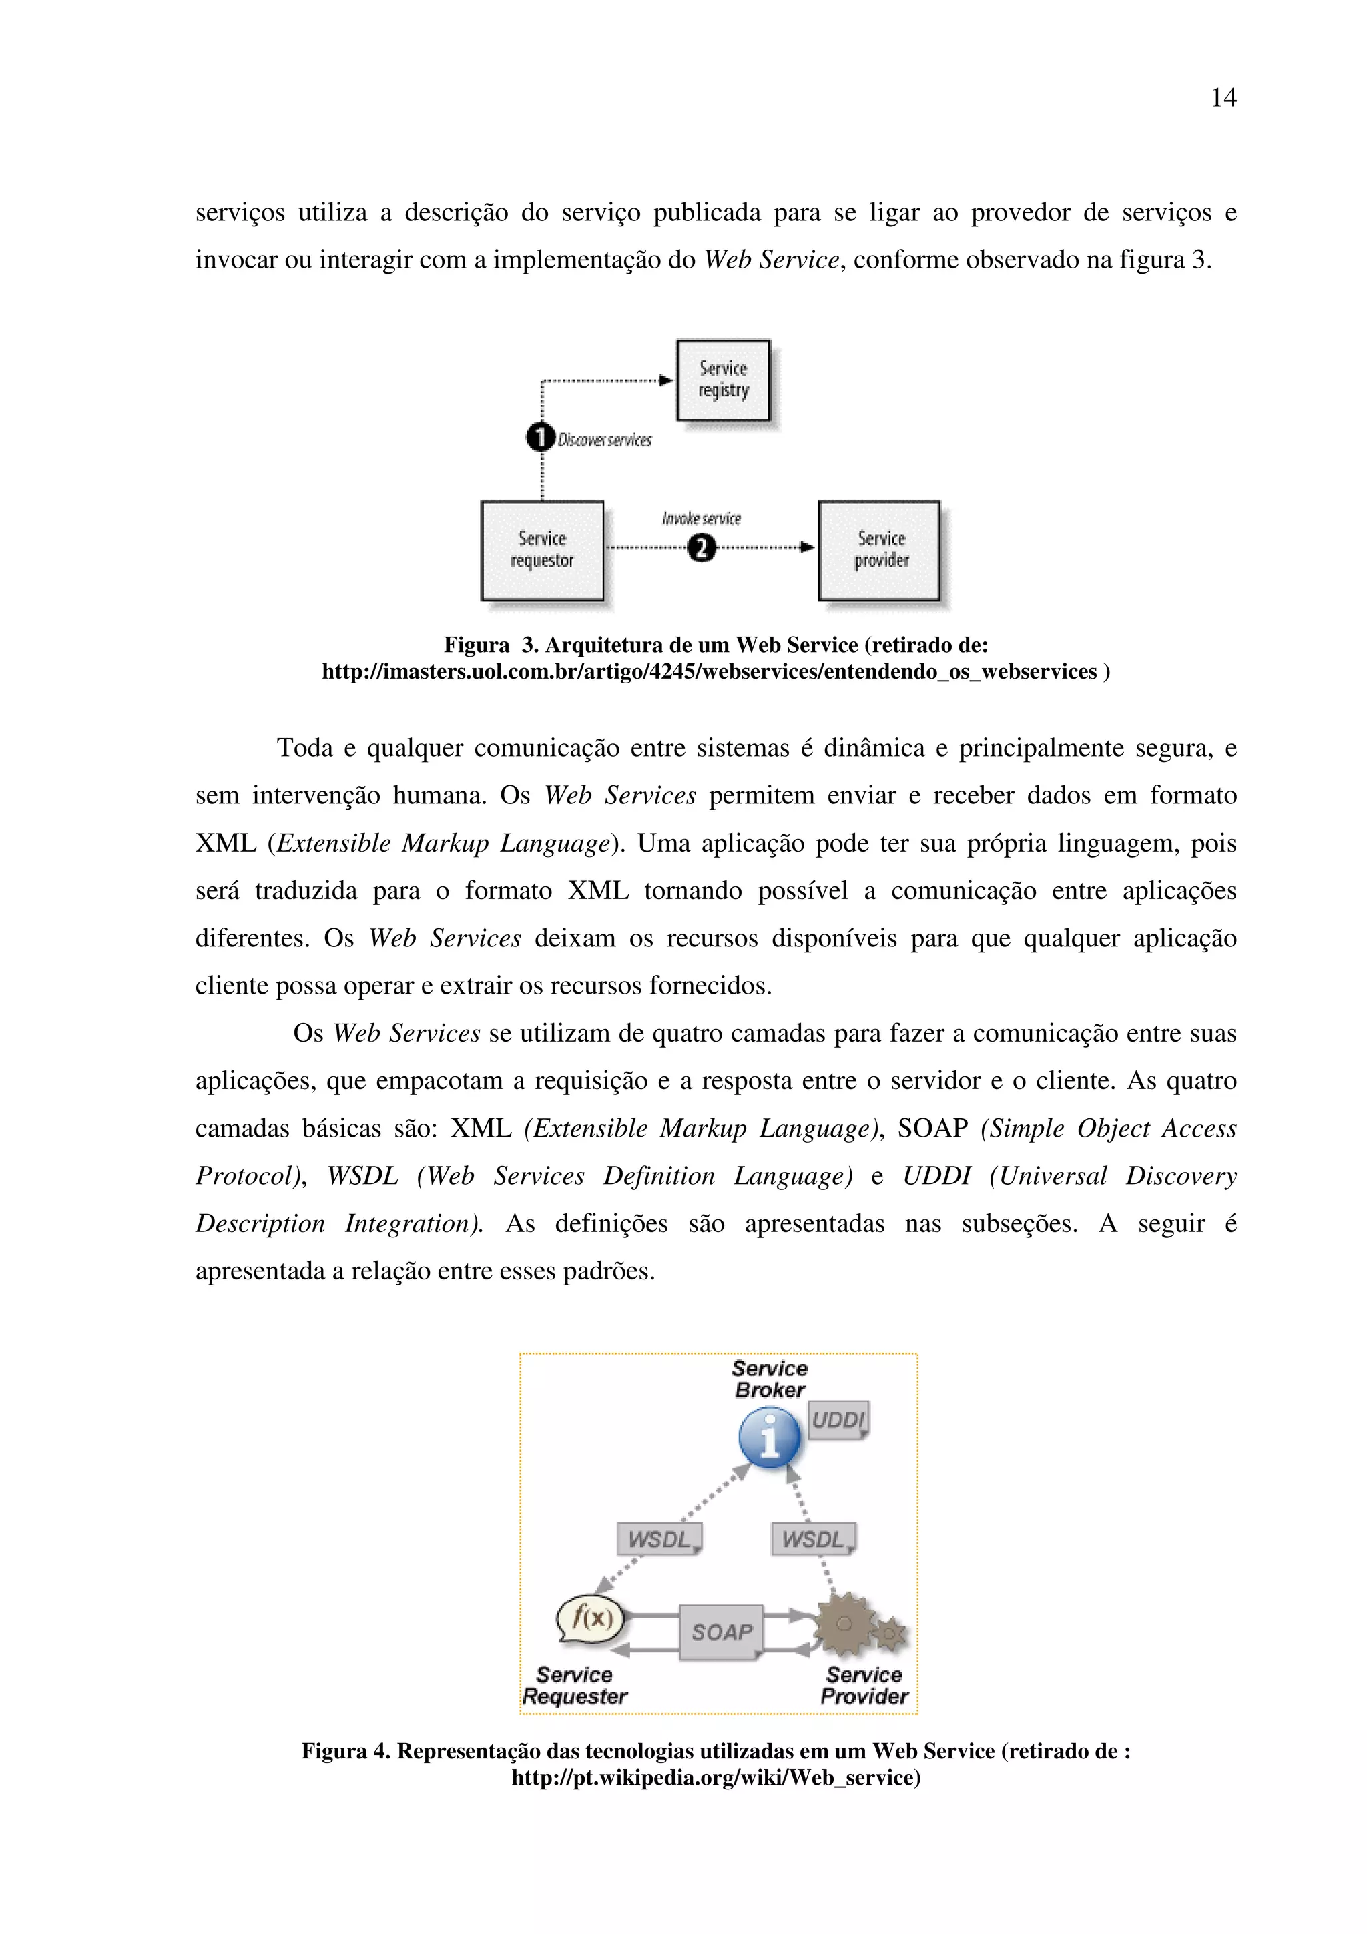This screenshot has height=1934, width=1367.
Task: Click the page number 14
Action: click(1223, 99)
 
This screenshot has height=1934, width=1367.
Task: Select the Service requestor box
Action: click(541, 550)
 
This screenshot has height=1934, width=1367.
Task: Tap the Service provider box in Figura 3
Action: click(879, 550)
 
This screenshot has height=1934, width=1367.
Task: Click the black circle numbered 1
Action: click(540, 438)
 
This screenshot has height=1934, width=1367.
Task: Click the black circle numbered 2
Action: click(701, 549)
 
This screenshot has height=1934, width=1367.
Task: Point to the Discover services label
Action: click(605, 440)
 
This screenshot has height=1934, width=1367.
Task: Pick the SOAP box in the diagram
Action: click(721, 1632)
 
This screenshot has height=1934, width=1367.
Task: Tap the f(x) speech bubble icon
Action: click(591, 1618)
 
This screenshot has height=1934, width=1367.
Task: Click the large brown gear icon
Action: click(845, 1624)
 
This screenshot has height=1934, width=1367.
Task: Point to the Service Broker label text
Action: click(769, 1379)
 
